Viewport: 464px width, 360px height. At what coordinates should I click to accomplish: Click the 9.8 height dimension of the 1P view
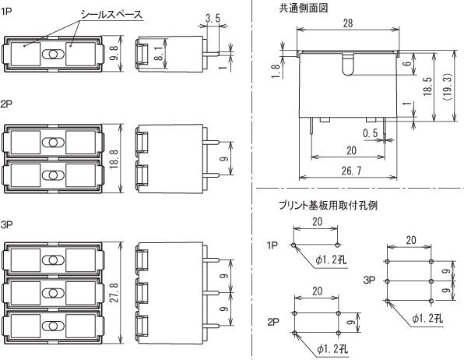point(114,53)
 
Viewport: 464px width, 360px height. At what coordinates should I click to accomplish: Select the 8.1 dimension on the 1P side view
point(160,53)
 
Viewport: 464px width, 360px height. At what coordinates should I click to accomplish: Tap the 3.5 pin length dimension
point(213,19)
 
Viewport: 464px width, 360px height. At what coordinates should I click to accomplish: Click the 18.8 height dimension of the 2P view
point(114,159)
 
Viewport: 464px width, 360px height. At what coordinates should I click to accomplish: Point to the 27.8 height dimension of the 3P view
point(114,292)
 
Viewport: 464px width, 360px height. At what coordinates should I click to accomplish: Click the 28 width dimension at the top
point(348,23)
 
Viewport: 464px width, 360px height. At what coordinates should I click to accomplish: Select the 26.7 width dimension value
point(351,171)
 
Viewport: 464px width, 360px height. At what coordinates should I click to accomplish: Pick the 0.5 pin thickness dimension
point(371,133)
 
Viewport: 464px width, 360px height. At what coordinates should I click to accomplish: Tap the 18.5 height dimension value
point(427,86)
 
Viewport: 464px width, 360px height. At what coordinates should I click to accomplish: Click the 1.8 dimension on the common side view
point(276,72)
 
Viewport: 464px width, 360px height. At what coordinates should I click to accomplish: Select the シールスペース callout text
point(111,15)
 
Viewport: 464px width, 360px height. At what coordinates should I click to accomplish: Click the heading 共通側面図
point(304,9)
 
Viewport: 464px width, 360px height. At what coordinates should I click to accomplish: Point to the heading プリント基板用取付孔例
point(328,205)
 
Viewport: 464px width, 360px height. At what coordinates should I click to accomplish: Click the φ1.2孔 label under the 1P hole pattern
point(331,260)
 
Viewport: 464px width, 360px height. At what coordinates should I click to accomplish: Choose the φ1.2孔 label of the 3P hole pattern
point(427,319)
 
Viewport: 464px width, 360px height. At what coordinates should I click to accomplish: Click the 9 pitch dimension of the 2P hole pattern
point(351,323)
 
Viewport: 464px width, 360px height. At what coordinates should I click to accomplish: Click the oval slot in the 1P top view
point(53,55)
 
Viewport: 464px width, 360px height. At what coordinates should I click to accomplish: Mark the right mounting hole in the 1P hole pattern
point(337,245)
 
